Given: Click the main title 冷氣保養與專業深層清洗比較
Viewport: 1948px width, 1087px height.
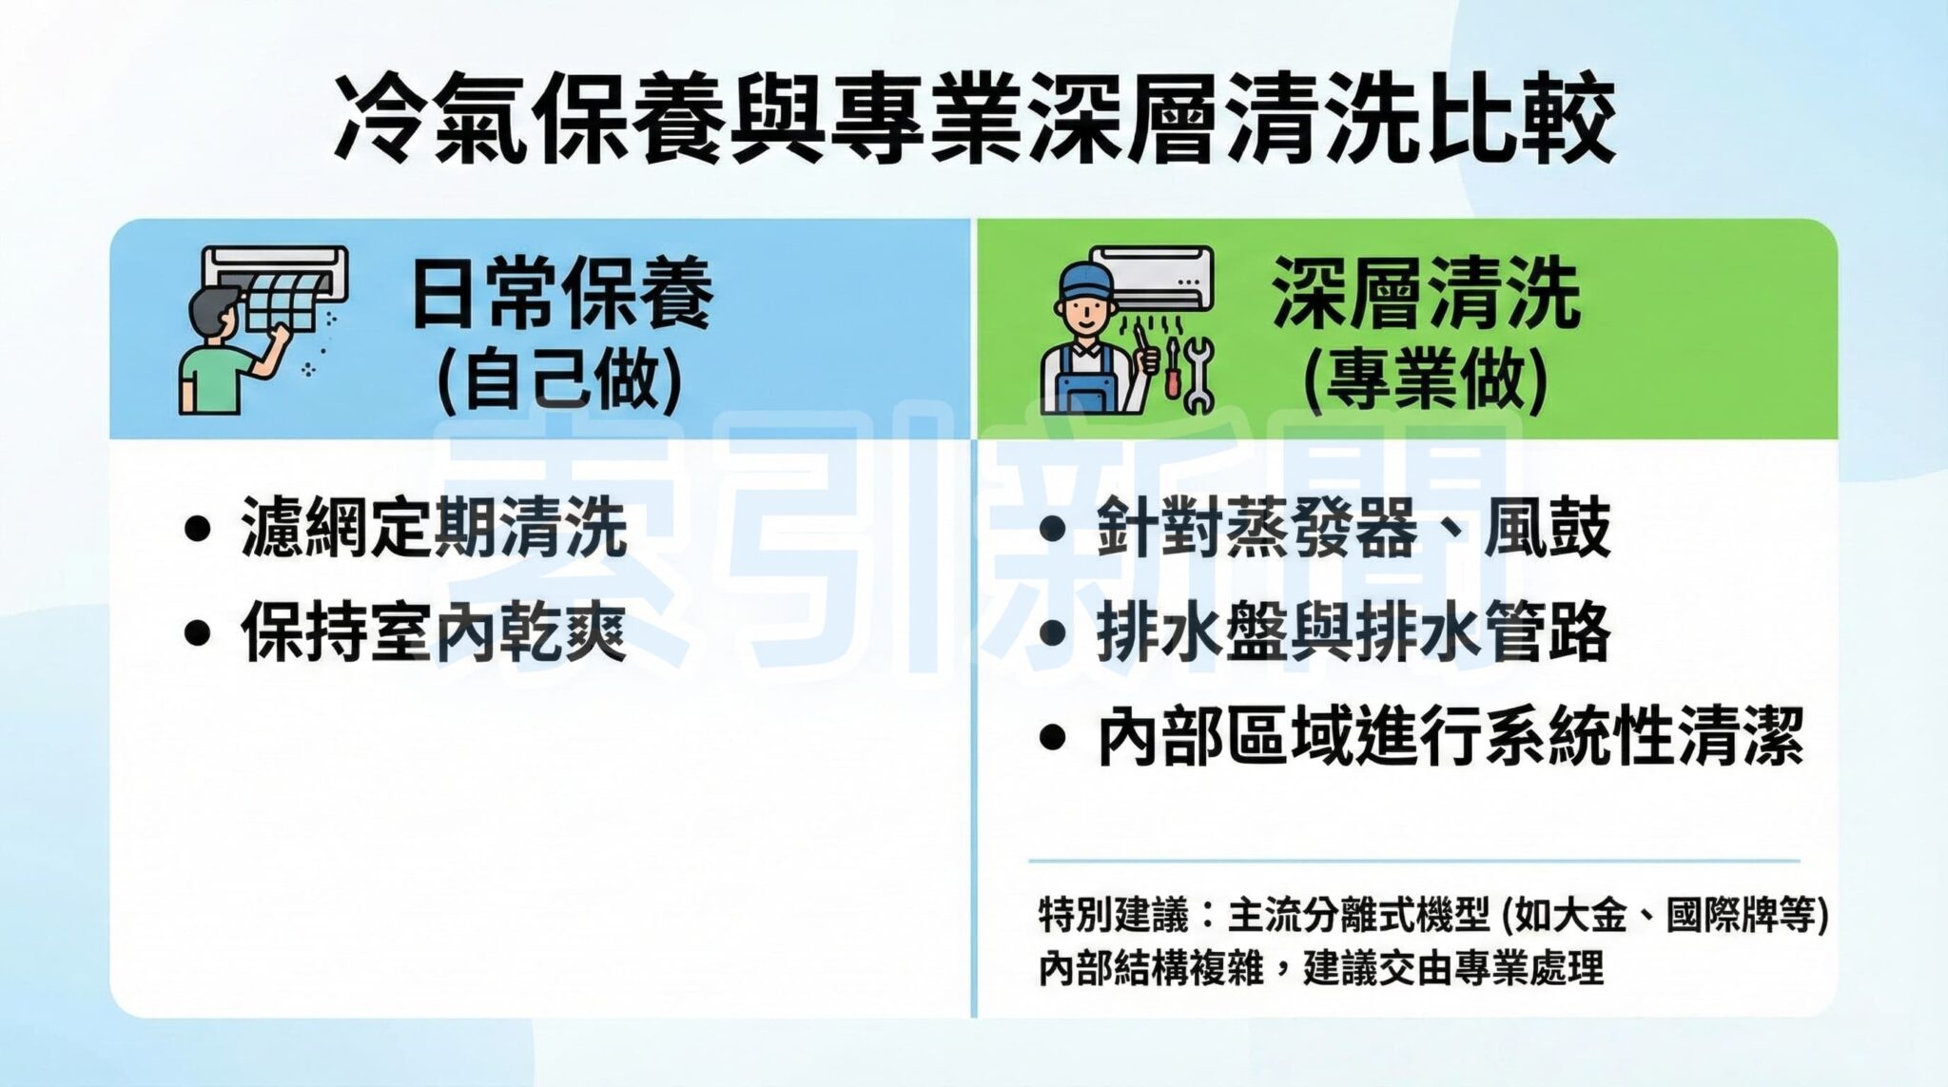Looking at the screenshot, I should [974, 122].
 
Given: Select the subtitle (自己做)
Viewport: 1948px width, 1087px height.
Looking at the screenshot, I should [560, 379].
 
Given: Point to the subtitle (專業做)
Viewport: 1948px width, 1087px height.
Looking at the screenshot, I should [1426, 379].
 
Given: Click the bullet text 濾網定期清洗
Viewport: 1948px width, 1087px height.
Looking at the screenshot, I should [434, 527].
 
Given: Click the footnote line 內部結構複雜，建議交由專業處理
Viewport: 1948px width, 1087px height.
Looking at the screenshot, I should [1321, 969].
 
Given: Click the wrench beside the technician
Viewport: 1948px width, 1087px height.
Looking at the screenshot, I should [1198, 376].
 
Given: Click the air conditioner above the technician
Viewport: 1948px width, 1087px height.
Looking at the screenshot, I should [1151, 278].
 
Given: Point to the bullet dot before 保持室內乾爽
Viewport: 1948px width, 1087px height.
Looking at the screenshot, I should [197, 633].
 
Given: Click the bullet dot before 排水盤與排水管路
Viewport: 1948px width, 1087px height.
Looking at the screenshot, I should [1051, 633].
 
